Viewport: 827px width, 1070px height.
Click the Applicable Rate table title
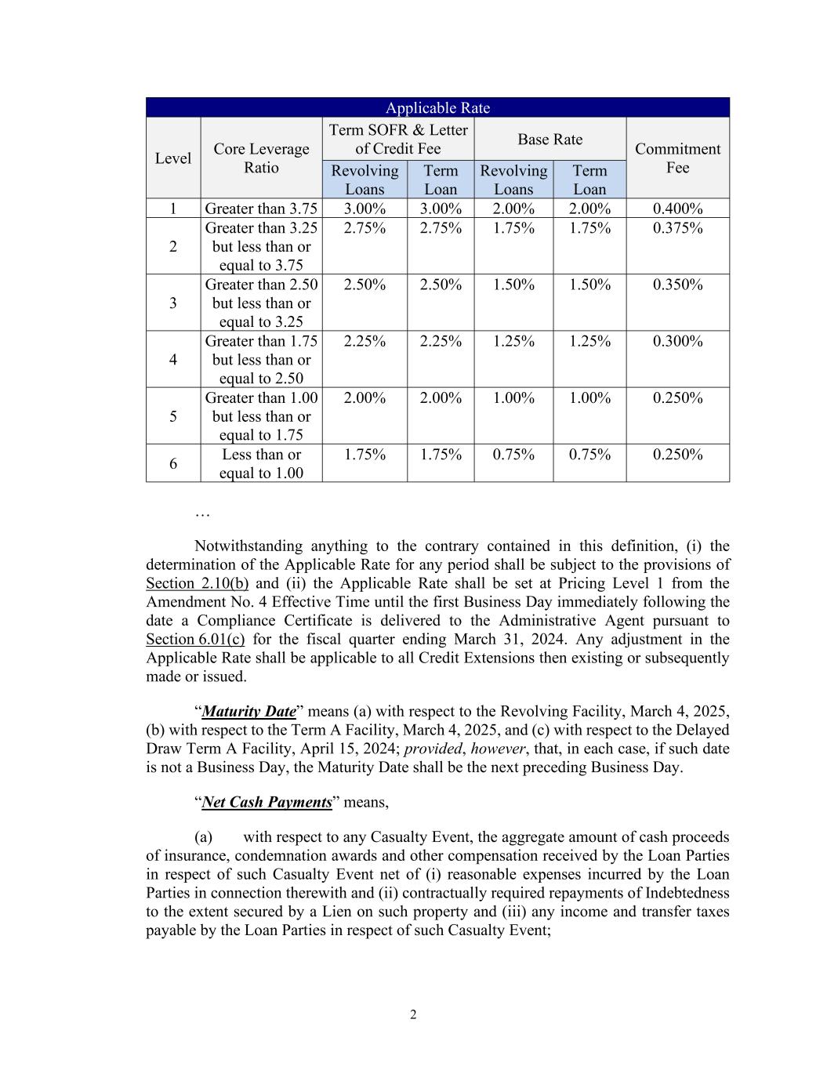[437, 108]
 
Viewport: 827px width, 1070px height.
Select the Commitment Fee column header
[677, 158]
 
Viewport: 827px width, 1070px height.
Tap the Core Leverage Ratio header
[261, 158]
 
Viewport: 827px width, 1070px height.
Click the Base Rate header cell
[550, 140]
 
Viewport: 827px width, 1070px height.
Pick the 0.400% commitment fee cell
[677, 209]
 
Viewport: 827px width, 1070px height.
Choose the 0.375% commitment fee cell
[677, 228]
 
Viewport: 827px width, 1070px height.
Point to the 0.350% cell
[677, 285]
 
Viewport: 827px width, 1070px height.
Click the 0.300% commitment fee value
[677, 341]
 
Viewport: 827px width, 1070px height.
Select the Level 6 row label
[172, 463]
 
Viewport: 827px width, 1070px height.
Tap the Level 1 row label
[172, 209]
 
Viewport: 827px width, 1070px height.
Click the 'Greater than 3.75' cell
[261, 209]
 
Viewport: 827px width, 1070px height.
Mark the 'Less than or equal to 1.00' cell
[261, 463]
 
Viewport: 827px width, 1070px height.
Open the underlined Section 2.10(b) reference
[197, 583]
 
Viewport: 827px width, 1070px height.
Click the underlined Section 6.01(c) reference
[195, 640]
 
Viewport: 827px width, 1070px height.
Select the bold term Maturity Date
[248, 712]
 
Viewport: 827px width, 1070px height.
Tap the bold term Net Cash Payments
[267, 803]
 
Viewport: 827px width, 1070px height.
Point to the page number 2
[413, 1015]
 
